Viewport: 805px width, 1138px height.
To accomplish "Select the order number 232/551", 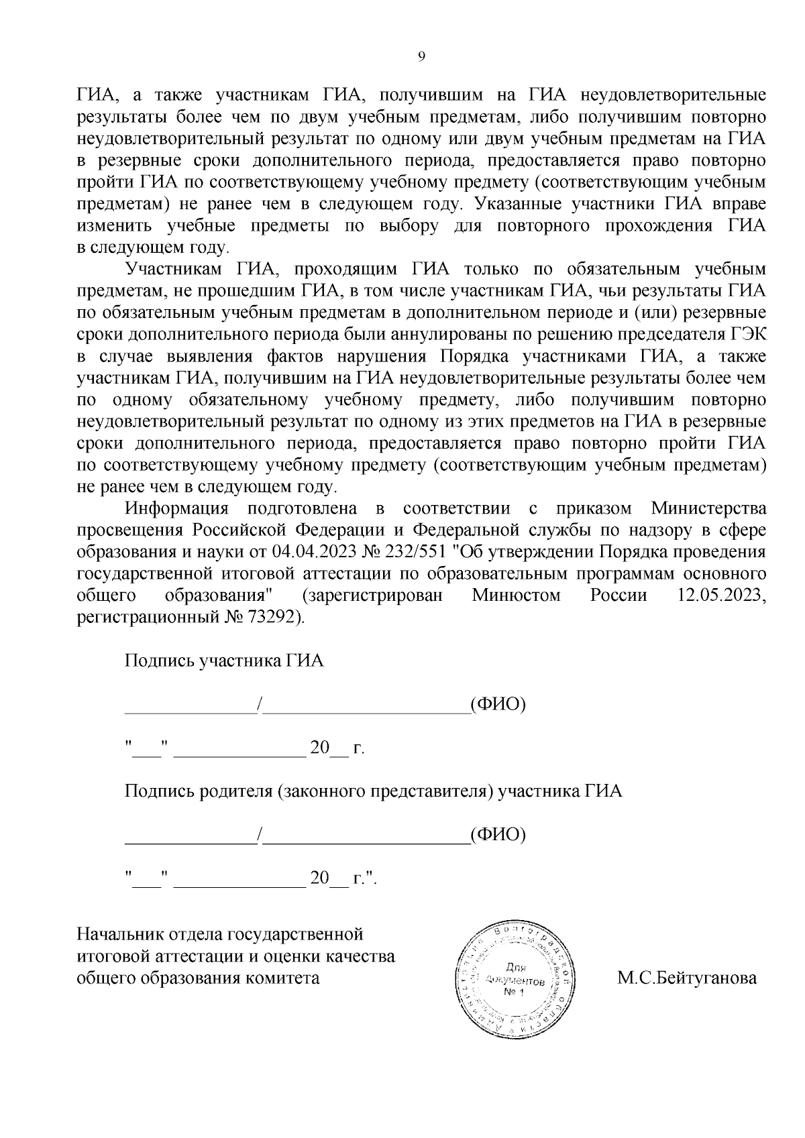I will coord(416,552).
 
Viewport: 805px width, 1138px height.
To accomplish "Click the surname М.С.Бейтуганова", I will coord(686,978).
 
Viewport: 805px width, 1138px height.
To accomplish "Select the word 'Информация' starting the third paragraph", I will coord(177,508).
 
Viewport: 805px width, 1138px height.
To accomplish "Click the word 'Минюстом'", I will coord(516,595).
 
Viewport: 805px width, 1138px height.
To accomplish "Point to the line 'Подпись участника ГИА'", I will coord(224,661).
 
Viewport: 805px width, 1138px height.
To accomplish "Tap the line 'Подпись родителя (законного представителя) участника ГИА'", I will coord(373,791).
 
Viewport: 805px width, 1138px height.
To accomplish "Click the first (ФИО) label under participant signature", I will coord(497,704).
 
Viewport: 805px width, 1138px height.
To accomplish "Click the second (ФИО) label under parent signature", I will coord(497,835).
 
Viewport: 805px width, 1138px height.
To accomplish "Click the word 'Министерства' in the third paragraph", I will coord(708,508).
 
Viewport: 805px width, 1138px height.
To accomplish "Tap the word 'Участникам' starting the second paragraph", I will coord(170,269).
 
